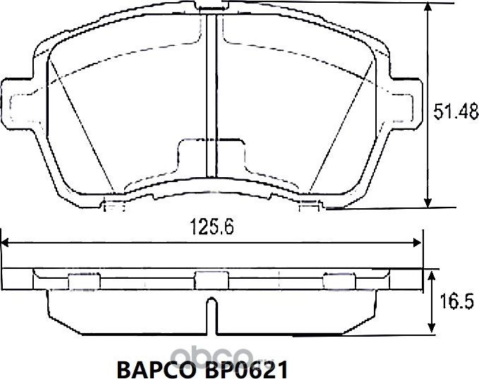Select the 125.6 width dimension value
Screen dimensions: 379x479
point(212,227)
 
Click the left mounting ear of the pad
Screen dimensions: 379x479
point(17,100)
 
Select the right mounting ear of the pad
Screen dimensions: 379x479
point(401,100)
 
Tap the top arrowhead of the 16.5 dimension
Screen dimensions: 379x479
point(431,272)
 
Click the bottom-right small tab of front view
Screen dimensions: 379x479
point(310,205)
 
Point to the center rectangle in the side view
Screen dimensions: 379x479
point(207,280)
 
